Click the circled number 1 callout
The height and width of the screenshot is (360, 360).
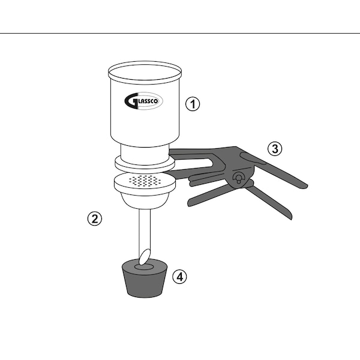[x=193, y=104]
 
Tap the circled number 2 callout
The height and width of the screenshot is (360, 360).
[x=95, y=218]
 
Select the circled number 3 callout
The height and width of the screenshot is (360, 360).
[x=275, y=149]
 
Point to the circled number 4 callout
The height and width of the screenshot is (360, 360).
[x=180, y=277]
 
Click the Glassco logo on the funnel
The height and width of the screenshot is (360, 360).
[x=143, y=101]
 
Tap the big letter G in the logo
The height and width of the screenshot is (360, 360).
[x=131, y=101]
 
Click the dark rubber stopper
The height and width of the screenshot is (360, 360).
[x=145, y=278]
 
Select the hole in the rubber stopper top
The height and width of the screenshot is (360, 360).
[x=144, y=267]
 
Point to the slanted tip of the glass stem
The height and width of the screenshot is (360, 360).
[x=145, y=257]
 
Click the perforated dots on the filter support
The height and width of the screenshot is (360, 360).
[x=145, y=181]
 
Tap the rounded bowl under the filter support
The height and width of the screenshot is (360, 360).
[x=145, y=200]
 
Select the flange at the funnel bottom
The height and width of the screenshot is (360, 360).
[x=145, y=164]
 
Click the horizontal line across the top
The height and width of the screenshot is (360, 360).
[x=180, y=33]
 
